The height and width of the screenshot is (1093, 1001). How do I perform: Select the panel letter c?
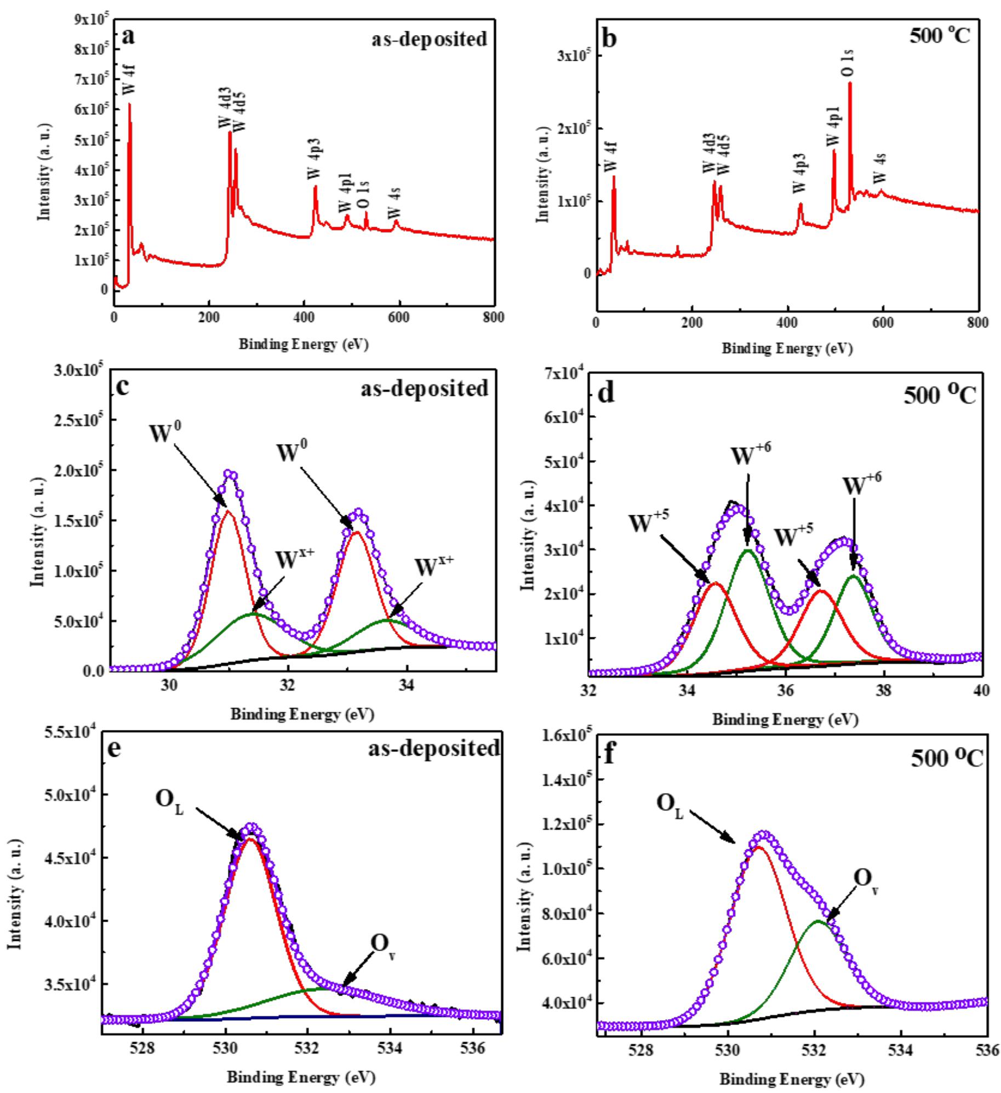tap(123, 387)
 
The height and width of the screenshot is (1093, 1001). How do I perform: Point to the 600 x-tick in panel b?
tap(883, 323)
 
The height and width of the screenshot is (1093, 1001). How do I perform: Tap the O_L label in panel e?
tap(169, 801)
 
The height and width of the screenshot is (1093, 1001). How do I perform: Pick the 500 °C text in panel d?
tap(940, 394)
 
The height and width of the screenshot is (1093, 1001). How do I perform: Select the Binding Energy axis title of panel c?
tap(302, 714)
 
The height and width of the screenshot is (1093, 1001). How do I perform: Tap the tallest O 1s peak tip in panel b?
tap(850, 83)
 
